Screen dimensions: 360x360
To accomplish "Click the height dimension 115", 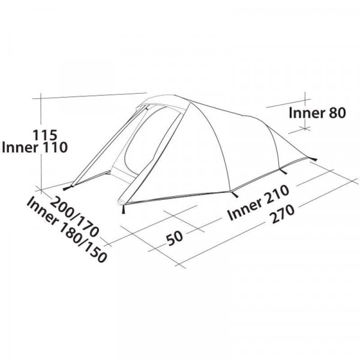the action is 45,135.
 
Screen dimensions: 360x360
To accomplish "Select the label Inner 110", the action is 34,148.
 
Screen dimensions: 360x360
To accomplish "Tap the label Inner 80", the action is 317,113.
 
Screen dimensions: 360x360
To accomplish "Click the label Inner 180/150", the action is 67,229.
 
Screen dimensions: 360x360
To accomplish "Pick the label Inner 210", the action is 258,203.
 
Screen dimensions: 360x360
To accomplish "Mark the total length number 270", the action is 283,214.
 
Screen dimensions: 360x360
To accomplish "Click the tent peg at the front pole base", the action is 124,209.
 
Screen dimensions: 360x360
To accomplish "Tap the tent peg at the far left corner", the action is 68,188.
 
